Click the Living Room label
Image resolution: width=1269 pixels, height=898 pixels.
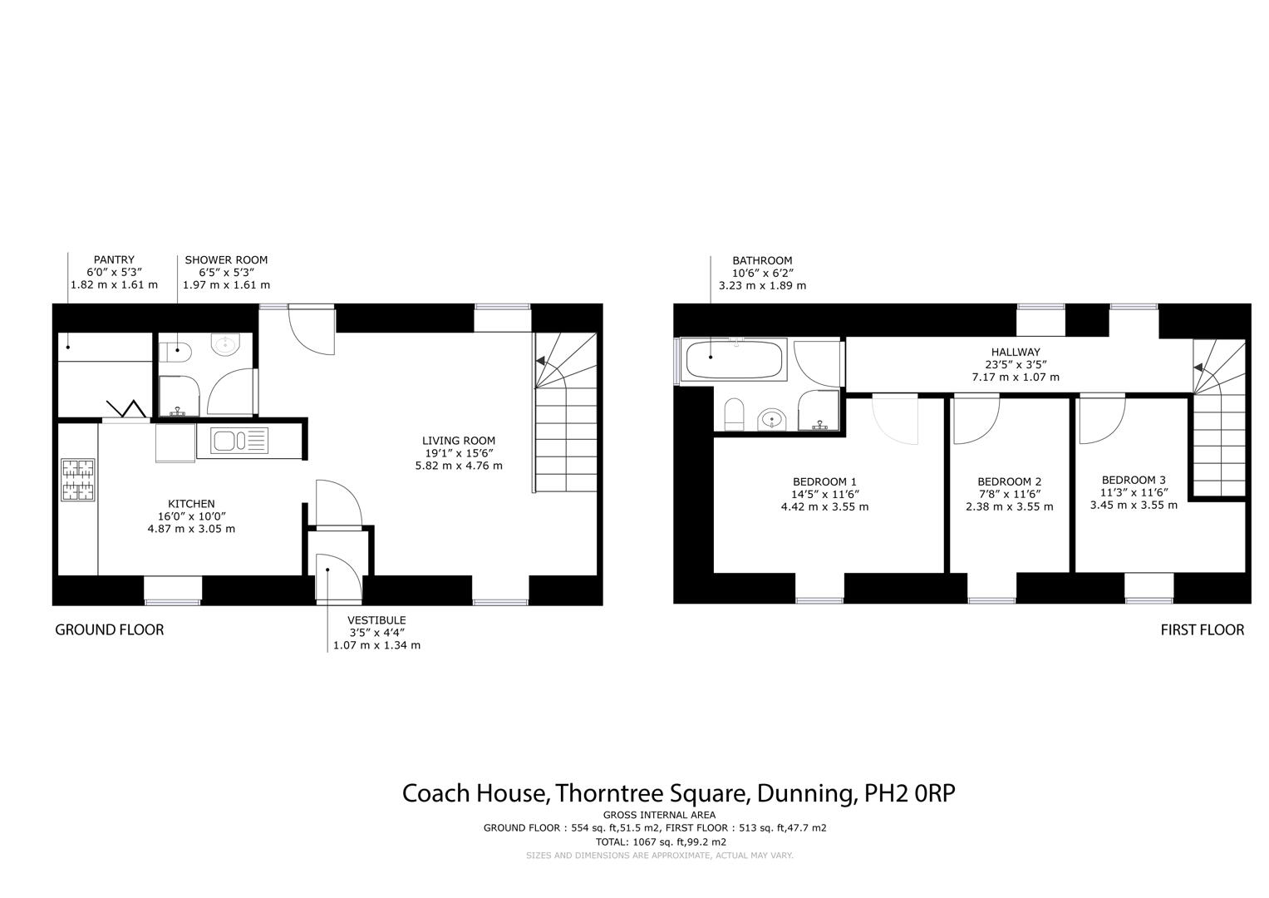click(458, 441)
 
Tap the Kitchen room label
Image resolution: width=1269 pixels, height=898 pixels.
click(191, 504)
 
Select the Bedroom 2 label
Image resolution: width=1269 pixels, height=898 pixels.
click(1009, 481)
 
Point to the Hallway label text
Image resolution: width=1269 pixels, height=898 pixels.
click(1015, 353)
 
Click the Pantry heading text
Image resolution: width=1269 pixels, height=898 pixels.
click(114, 260)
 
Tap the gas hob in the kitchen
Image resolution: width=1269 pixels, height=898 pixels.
click(78, 481)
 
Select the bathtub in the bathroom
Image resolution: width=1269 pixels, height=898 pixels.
click(731, 360)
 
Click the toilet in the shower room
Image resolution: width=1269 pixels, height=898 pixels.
click(175, 353)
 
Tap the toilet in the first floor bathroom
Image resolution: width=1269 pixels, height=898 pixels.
click(734, 413)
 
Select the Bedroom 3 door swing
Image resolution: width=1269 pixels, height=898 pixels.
click(1100, 420)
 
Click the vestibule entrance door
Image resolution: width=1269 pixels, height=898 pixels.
click(339, 579)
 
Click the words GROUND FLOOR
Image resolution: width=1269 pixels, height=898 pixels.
click(109, 629)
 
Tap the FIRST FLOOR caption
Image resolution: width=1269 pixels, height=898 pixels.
click(1202, 629)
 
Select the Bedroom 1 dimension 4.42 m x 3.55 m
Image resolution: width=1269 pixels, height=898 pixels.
click(824, 506)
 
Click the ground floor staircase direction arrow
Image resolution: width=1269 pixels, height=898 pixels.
click(542, 363)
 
